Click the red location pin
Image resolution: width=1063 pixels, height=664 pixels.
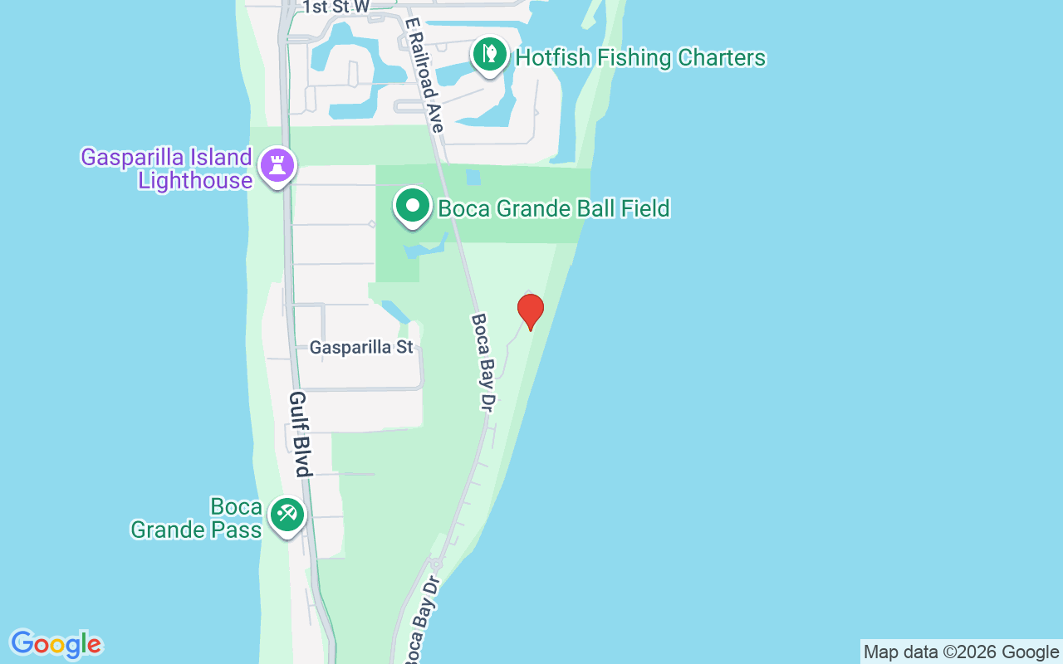[x=530, y=311]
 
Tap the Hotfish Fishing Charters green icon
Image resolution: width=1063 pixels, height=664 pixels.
[x=490, y=56]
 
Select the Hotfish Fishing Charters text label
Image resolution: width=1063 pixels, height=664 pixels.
[x=640, y=57]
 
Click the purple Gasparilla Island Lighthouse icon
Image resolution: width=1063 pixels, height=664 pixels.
[x=277, y=166]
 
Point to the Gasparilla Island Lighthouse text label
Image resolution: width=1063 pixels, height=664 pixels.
[x=166, y=168]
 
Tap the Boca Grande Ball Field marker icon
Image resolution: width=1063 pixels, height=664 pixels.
[x=412, y=206]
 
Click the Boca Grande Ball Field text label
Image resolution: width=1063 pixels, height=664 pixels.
[x=554, y=207]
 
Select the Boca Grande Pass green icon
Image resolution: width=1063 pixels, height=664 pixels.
[x=287, y=515]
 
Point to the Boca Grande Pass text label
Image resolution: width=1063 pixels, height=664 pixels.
[x=196, y=518]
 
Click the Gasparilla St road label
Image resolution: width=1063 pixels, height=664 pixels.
[x=361, y=347]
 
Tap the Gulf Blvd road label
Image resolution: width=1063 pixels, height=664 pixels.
[x=300, y=434]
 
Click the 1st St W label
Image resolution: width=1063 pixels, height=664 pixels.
[x=336, y=7]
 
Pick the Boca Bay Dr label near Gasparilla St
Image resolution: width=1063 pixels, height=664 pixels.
[x=483, y=361]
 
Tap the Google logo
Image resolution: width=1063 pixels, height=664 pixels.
[x=56, y=644]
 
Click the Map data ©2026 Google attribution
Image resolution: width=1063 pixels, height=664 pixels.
[x=961, y=652]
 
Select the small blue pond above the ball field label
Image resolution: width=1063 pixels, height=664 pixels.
[x=473, y=177]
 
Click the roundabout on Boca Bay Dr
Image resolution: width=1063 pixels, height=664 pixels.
[x=435, y=565]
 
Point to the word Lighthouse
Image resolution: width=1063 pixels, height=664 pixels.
[x=195, y=180]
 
